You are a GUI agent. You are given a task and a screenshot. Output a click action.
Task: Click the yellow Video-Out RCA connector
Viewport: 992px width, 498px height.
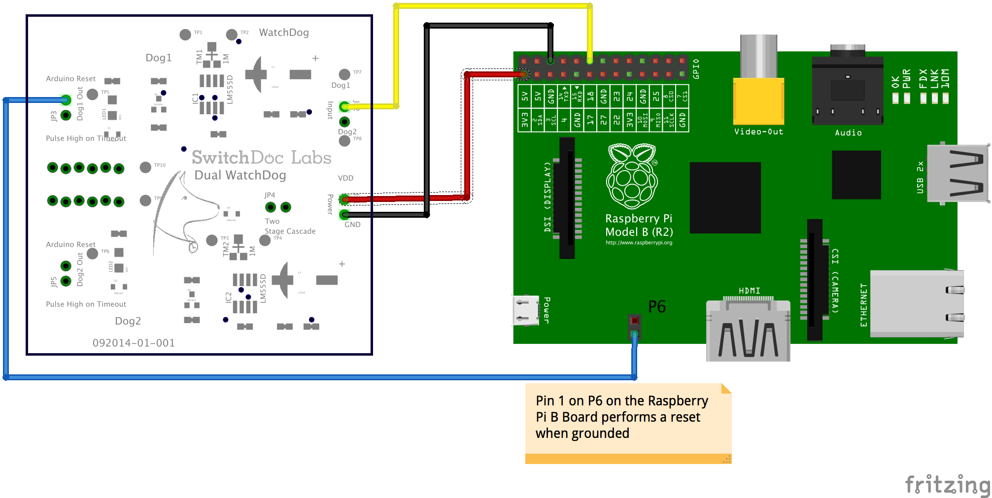click(x=758, y=100)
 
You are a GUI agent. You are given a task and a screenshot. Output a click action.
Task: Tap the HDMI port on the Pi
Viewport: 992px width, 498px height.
click(x=748, y=330)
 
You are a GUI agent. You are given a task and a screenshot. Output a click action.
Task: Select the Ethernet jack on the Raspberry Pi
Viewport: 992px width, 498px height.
click(x=917, y=303)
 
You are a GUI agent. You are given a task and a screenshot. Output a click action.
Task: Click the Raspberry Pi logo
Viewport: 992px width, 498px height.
click(x=632, y=176)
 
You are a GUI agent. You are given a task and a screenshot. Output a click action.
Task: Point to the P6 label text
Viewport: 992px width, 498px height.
click(x=657, y=307)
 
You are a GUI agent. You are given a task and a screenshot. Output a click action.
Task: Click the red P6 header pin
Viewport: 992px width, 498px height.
click(x=635, y=321)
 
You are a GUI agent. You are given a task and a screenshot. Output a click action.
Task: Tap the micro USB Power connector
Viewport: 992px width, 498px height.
click(x=525, y=310)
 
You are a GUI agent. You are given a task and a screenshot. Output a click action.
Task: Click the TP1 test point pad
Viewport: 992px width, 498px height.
click(x=185, y=34)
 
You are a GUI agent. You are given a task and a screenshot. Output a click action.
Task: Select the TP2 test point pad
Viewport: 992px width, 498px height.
click(x=231, y=34)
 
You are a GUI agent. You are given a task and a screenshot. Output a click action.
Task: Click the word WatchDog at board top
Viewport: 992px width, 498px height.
click(x=284, y=33)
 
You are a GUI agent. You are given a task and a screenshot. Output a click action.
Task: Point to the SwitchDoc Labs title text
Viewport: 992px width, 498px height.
click(x=261, y=158)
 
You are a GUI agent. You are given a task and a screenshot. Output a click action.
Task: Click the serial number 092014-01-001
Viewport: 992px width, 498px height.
click(x=134, y=343)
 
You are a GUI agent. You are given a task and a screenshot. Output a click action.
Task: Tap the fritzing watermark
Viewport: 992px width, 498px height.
click(x=947, y=485)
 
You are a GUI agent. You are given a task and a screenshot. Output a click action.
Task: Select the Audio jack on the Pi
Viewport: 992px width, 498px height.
click(x=848, y=91)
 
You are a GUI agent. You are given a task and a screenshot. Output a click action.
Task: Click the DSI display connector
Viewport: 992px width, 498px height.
click(x=567, y=197)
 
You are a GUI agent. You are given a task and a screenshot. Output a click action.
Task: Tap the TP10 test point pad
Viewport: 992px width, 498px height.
click(x=145, y=167)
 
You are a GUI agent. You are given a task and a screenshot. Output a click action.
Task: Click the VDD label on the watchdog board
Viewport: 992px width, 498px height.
click(x=345, y=178)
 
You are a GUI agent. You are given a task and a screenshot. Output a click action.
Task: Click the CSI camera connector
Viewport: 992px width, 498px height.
click(x=815, y=279)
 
